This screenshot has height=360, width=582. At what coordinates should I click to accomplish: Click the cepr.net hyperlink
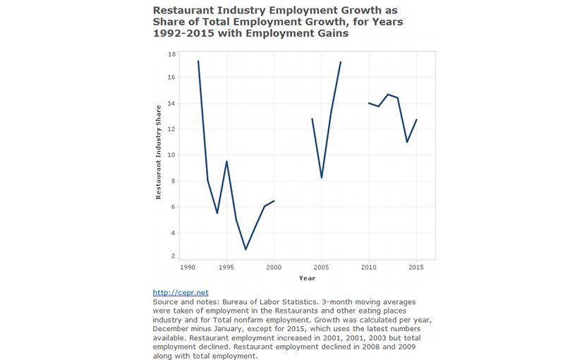(x=181, y=293)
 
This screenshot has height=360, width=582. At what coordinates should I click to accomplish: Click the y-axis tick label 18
(x=171, y=54)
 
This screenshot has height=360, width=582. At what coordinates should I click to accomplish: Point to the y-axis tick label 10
(x=171, y=155)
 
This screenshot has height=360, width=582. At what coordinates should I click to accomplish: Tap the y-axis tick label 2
(x=173, y=256)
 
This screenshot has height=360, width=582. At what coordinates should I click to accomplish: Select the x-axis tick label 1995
(x=226, y=267)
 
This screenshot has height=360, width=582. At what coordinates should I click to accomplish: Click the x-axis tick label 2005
(x=321, y=267)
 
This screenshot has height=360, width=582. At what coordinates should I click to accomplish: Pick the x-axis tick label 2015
(x=416, y=267)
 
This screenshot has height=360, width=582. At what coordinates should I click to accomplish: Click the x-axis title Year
(x=308, y=278)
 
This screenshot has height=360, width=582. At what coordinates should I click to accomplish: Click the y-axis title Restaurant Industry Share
(x=159, y=152)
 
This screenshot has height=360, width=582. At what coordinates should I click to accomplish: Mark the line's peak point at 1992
(x=198, y=61)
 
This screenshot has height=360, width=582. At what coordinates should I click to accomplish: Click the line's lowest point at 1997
(x=245, y=249)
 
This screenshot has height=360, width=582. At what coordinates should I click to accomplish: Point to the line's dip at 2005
(x=322, y=178)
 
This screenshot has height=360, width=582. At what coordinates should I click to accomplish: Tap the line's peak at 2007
(x=340, y=62)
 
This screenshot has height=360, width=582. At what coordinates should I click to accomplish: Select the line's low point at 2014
(x=407, y=142)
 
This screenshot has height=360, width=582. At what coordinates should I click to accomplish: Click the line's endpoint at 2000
(x=274, y=200)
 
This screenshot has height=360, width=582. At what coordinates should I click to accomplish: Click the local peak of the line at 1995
(x=226, y=161)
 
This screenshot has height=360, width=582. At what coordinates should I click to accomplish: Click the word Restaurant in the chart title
(x=181, y=11)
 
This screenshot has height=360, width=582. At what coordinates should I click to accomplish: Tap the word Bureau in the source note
(x=234, y=302)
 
